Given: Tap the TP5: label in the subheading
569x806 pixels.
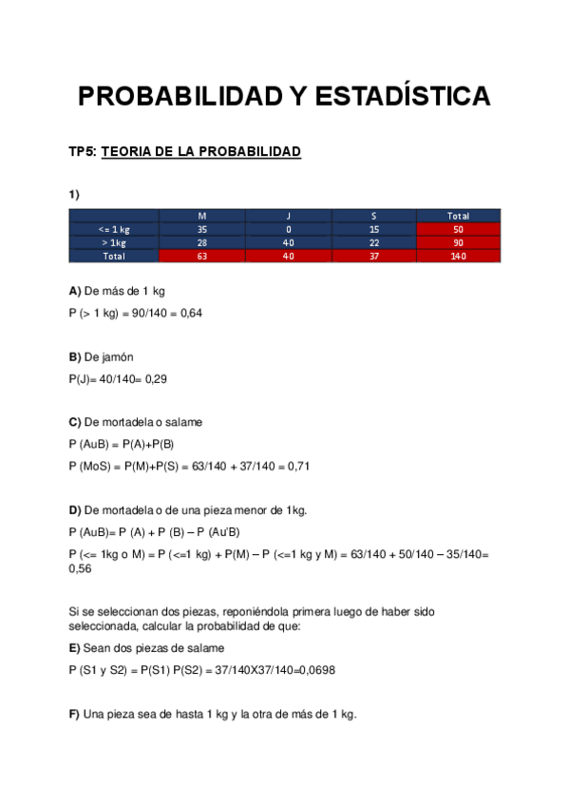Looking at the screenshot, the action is coord(82,152).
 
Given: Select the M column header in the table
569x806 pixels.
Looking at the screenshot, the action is coord(201,216).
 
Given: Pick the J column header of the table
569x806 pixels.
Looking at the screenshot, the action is coord(288,216).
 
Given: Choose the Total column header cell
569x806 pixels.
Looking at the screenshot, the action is coord(458,216).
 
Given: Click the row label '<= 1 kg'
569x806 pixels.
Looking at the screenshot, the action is coord(114,229).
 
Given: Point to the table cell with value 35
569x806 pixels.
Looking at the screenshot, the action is coord(201,229).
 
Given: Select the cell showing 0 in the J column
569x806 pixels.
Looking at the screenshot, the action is coord(288,229).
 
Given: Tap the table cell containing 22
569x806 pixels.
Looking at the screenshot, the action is coord(374,242).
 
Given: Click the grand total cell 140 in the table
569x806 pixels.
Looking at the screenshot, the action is coord(458,256).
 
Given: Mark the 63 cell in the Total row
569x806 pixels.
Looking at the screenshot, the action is coord(201,256).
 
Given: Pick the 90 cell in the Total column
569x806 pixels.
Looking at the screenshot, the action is coord(458,242).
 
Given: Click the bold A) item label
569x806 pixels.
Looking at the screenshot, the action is coord(74,291).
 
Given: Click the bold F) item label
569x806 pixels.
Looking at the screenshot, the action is coord(74,715).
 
